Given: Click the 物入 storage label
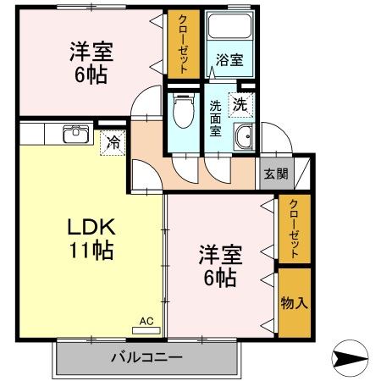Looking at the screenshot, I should coord(293,302).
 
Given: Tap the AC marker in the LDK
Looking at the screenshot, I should coord(147,322).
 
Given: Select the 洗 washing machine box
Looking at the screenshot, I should coord(241,105).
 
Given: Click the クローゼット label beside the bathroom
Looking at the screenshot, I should coord(182,44).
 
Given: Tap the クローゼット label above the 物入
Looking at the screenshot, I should coord(293,228).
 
